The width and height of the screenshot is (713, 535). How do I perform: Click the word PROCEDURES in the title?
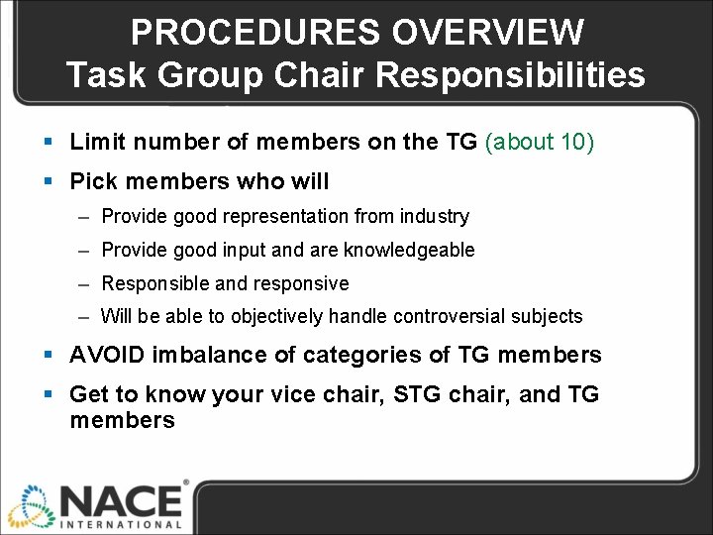255,33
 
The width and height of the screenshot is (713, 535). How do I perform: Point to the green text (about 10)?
539,143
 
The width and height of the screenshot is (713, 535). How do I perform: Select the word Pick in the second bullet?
92,182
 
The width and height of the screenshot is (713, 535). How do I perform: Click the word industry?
435,216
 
